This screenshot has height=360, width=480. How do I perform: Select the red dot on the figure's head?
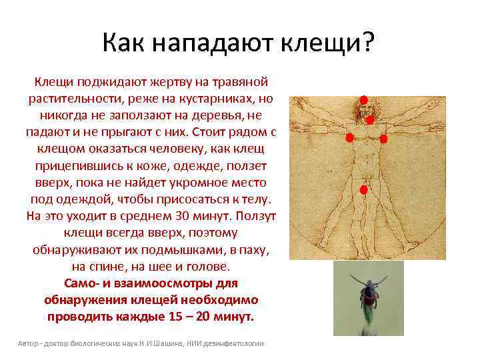364,100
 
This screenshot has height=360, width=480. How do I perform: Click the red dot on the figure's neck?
369,120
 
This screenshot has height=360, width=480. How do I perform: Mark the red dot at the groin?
364,190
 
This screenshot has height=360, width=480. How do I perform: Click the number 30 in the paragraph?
182,217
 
